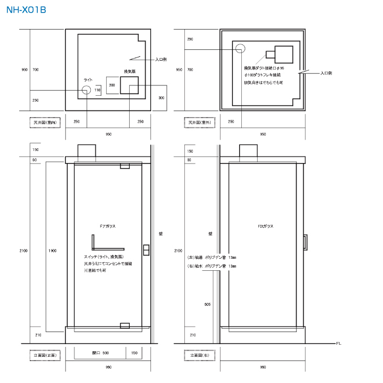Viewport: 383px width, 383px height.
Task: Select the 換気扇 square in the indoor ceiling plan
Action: pyautogui.click(x=129, y=85)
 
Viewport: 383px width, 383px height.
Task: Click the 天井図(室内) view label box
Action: pyautogui.click(x=46, y=123)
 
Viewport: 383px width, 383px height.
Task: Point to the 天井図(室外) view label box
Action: pyautogui.click(x=199, y=123)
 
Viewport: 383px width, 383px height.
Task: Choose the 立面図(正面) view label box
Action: pyautogui.click(x=46, y=355)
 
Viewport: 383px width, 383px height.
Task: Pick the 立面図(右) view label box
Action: pyautogui.click(x=199, y=355)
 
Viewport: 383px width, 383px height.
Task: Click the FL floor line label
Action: pyautogui.click(x=339, y=344)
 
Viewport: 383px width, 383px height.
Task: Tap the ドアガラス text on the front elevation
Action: pyautogui.click(x=108, y=225)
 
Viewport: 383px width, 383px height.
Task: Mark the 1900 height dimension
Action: pyautogui.click(x=52, y=251)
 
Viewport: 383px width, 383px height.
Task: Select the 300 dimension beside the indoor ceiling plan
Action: pyautogui.click(x=161, y=97)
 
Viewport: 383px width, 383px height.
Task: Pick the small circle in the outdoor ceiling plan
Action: pyautogui.click(x=240, y=50)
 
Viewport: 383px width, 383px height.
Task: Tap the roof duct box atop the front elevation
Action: pyautogui.click(x=87, y=150)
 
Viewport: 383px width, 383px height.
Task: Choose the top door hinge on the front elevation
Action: pyautogui.click(x=124, y=166)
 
